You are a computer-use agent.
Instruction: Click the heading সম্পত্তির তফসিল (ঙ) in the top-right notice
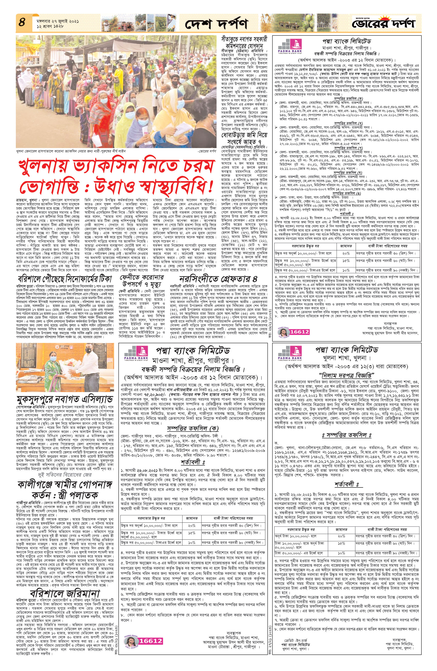click(x=348, y=194)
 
